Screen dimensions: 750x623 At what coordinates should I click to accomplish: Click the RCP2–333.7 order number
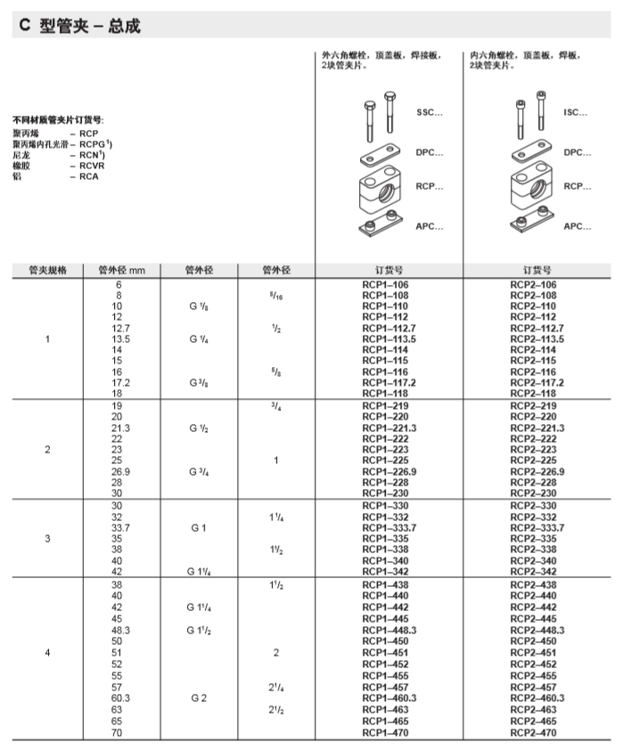click(537, 527)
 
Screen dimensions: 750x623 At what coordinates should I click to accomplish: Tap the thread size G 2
click(199, 698)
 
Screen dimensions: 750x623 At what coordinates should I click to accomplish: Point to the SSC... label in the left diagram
click(429, 113)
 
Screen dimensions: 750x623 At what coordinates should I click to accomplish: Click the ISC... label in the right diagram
click(576, 113)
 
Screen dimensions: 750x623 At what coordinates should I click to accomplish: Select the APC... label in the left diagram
click(429, 226)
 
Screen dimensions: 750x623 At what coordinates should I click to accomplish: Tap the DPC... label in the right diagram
click(577, 152)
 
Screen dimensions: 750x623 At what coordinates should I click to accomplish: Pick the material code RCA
click(89, 175)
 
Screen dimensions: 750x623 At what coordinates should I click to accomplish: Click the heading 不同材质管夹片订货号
click(58, 119)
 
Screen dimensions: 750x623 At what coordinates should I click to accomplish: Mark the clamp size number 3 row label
click(47, 538)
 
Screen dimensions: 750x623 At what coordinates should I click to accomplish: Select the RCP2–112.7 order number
click(537, 328)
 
